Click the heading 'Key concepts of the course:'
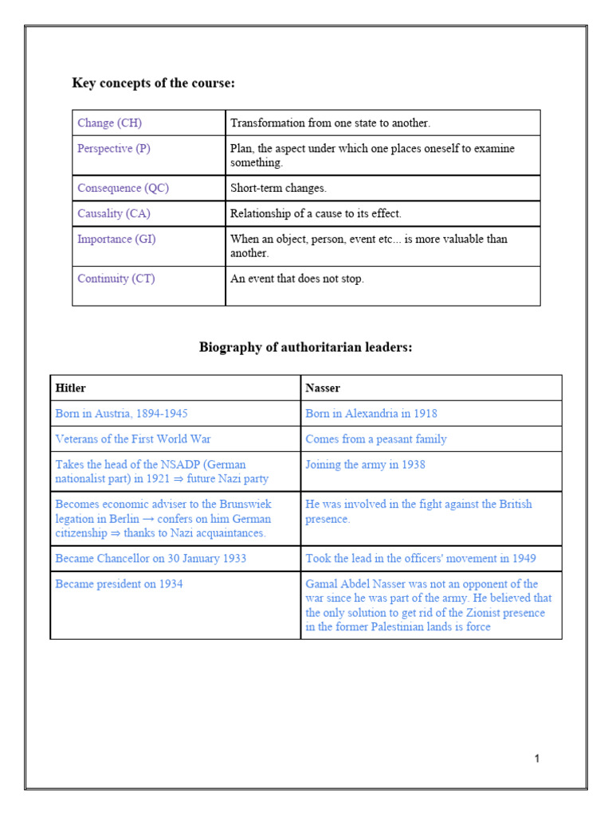coord(153,83)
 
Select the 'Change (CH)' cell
coord(109,123)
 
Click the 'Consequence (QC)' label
coord(123,189)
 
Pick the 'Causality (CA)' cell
coord(113,214)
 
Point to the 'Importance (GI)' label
coord(116,240)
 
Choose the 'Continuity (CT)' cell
coord(116,279)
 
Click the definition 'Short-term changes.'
coord(278,189)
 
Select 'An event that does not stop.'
coord(296,279)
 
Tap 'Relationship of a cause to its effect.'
coord(316,214)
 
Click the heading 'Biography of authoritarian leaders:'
coord(305,348)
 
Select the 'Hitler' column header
coord(70,388)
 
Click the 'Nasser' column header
coord(323,388)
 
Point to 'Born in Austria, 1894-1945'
coord(121,414)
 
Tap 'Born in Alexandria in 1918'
coord(371,414)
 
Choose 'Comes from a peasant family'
coord(375,439)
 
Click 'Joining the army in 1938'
coord(365,465)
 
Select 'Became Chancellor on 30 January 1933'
coord(151,559)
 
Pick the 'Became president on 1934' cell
coord(119,584)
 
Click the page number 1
coord(537,759)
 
